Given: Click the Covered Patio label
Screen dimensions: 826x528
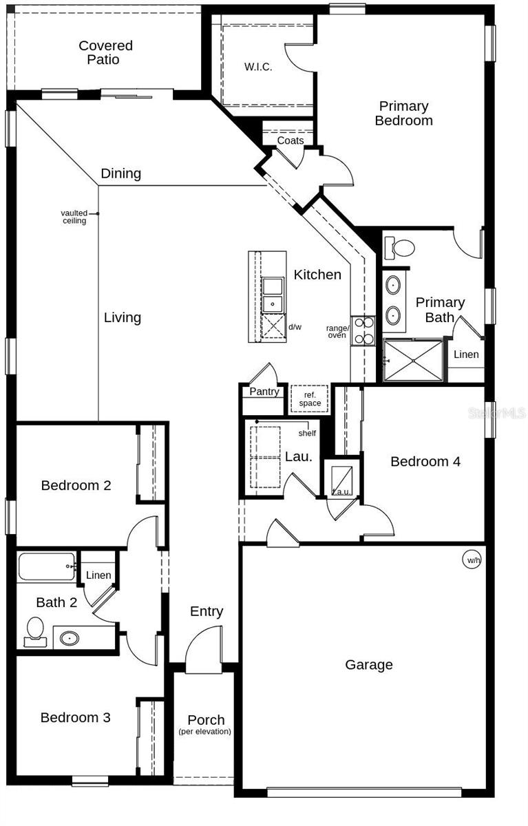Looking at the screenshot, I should [105, 53].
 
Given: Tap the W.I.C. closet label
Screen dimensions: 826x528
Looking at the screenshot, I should [258, 67].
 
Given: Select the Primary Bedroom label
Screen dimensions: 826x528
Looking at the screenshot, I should [403, 114].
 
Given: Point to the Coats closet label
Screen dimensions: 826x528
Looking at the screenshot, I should [290, 141].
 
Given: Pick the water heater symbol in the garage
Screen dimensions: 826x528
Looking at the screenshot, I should [473, 560].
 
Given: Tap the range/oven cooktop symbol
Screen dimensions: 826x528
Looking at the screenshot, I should [363, 330].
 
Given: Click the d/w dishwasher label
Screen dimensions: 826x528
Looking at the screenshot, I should [295, 327].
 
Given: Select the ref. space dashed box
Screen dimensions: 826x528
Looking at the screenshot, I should [309, 399].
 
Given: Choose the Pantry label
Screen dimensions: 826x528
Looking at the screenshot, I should [264, 392].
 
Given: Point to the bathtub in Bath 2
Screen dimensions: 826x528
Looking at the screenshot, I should [46, 566].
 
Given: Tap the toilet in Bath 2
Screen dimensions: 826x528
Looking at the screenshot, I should [35, 631].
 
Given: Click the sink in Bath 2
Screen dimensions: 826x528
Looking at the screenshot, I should [70, 638].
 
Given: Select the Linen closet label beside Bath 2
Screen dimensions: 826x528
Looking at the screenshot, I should [98, 575].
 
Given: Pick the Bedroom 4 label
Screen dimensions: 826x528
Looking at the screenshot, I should [425, 462].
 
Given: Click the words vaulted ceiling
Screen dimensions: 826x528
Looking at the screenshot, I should [74, 217].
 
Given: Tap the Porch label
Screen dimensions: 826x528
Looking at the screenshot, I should [205, 721].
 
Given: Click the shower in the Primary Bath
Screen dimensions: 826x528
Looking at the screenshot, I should [413, 360].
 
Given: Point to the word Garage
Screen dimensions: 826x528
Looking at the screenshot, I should [369, 665].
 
